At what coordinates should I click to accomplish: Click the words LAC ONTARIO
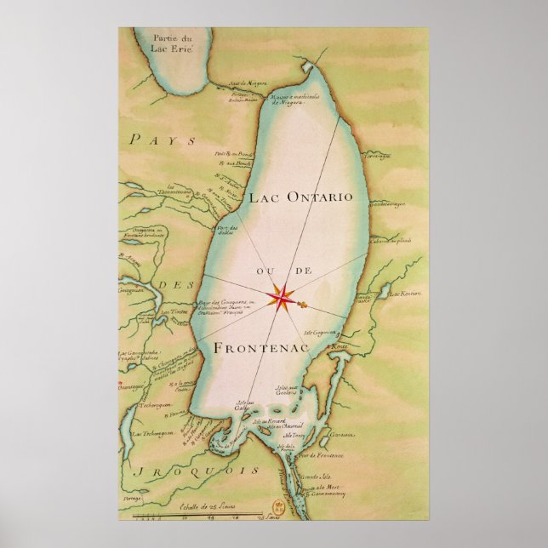300,197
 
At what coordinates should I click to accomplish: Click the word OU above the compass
261,271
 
